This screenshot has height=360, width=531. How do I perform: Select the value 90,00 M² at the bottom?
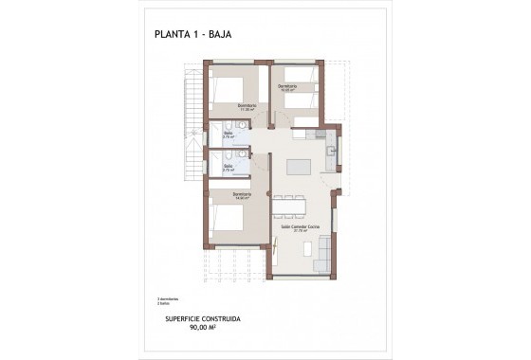coord(203,328)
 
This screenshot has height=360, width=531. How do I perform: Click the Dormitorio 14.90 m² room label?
coord(229,196)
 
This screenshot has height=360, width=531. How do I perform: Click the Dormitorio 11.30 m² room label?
coord(247,106)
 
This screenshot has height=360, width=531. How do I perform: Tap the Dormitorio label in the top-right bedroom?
coord(287,86)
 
